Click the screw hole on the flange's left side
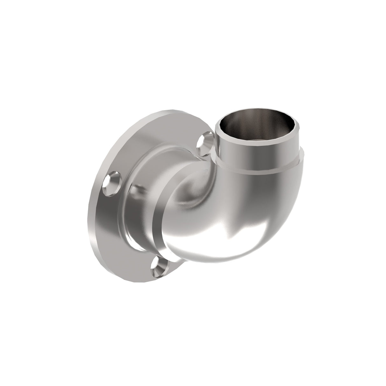click(114, 180)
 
